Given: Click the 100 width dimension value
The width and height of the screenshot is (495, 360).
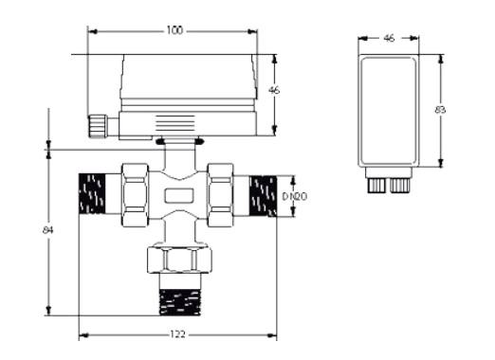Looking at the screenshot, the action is [x=174, y=30].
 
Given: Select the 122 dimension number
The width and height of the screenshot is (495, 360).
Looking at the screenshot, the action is [x=177, y=334].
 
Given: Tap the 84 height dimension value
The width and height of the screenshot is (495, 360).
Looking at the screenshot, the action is [x=47, y=230].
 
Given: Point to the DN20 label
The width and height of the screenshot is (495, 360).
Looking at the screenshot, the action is [x=294, y=197].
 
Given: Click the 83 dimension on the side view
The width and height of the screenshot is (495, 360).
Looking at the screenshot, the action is [x=440, y=110].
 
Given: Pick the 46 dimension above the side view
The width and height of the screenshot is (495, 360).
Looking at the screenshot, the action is [x=389, y=38].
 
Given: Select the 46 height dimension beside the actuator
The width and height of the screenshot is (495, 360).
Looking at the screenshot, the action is [x=274, y=90].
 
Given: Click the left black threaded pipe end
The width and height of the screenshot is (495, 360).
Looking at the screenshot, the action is [x=92, y=193].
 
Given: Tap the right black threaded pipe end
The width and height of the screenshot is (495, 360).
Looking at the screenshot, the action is [x=264, y=196].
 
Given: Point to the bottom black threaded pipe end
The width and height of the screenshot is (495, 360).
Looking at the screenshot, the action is [x=180, y=302].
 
